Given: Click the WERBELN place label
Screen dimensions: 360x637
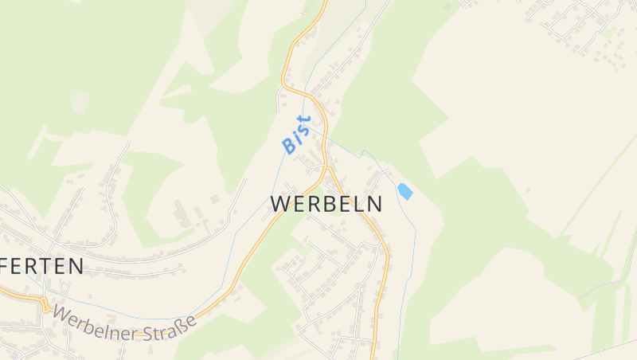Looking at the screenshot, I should (x=326, y=204).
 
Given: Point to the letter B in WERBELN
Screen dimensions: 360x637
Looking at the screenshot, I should (x=326, y=204).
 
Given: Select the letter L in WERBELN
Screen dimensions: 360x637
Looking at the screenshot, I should (x=358, y=204).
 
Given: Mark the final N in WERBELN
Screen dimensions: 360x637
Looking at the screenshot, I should (x=373, y=204).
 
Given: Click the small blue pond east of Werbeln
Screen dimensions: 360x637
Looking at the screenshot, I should (x=405, y=191).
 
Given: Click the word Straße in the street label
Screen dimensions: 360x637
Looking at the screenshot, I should (x=166, y=327).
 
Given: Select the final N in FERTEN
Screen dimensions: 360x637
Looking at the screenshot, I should (x=76, y=266).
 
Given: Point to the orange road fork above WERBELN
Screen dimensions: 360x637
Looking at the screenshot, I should (x=326, y=169).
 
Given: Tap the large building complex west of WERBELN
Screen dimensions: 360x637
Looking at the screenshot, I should (x=182, y=213).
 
